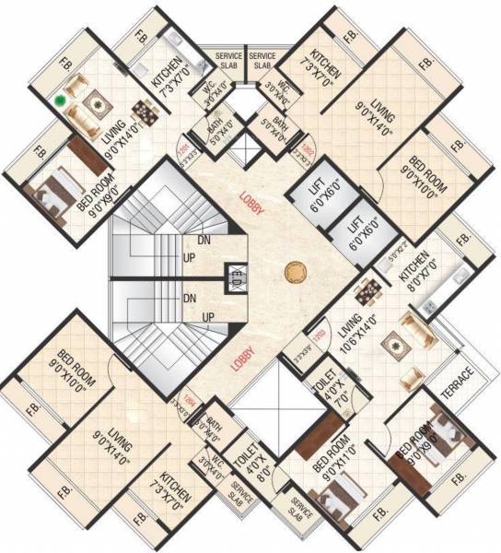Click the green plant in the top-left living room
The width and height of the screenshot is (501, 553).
click(62, 100)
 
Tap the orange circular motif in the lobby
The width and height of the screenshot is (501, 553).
click(294, 271)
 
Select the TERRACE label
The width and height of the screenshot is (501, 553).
click(458, 386)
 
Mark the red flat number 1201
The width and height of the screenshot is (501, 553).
click(183, 147)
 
